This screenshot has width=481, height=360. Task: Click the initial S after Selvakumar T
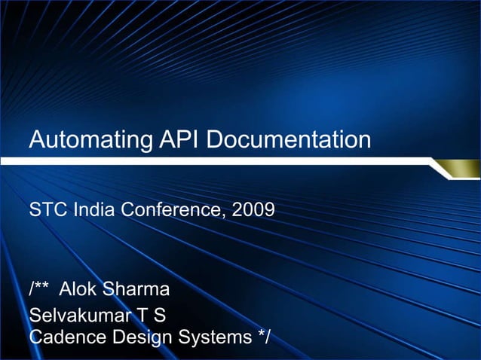159,315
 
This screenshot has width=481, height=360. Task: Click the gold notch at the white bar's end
458,171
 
